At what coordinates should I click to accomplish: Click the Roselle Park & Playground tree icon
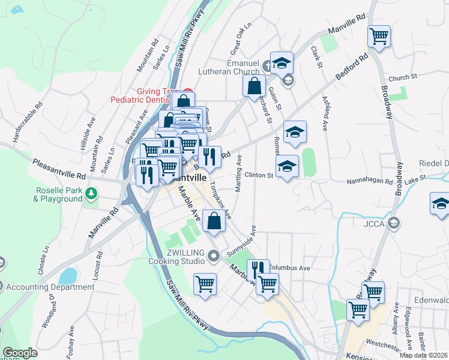click(91, 193)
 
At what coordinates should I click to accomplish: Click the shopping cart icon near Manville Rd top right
click(379, 37)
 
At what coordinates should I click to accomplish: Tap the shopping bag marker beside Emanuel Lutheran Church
click(255, 85)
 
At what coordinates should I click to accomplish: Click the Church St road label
click(402, 77)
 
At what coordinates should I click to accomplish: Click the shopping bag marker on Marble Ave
click(214, 221)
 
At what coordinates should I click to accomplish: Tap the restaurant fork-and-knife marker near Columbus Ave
click(258, 269)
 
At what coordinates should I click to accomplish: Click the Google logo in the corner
click(20, 353)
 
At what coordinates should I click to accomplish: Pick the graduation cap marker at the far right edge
click(441, 204)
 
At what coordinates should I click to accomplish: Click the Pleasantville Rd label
click(60, 169)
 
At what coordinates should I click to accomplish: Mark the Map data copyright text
click(424, 355)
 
